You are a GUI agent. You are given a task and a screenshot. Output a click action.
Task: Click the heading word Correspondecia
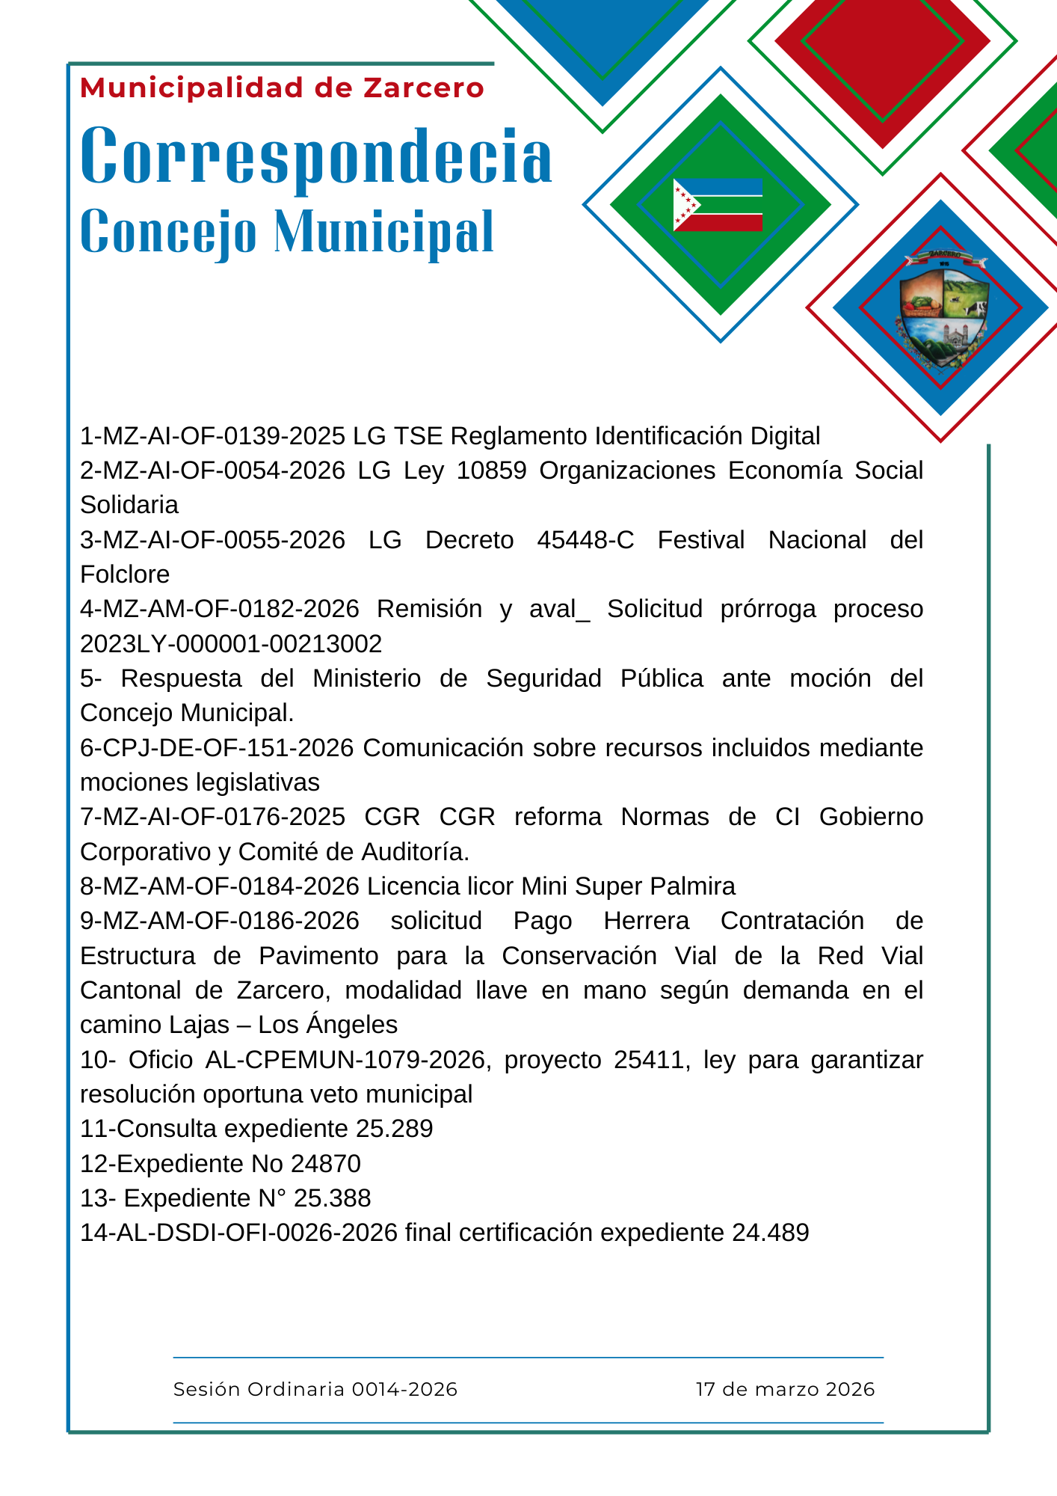point(316,156)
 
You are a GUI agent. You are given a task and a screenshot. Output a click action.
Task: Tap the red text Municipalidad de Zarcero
point(282,88)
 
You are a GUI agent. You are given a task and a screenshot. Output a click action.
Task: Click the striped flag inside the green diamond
point(718,205)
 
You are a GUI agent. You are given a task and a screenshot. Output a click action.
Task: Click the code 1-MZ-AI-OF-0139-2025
point(212,435)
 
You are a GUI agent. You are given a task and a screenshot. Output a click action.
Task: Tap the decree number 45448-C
point(585,539)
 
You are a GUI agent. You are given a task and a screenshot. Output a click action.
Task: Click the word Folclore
point(125,574)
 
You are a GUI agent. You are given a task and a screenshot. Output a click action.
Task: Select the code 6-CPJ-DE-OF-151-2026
point(217,747)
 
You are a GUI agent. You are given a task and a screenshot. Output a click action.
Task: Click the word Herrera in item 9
point(646,921)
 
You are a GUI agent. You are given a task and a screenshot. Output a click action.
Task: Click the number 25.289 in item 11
point(394,1129)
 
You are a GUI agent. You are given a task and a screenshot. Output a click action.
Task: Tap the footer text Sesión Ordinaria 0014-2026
point(315,1389)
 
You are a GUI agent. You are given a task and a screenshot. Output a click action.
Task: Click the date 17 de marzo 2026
point(785,1389)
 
